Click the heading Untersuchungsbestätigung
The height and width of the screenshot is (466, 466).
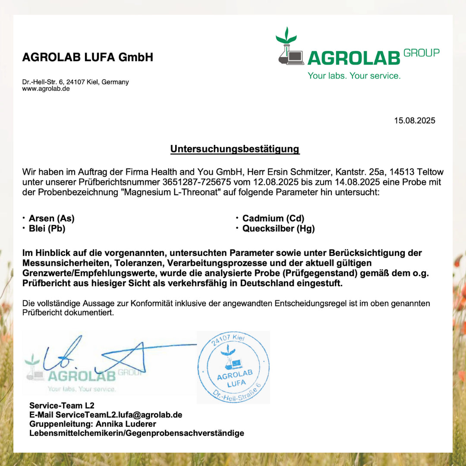coord(235,149)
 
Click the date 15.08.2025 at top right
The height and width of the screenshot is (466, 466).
coord(414,120)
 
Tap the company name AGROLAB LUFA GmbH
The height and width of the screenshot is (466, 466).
coord(88,57)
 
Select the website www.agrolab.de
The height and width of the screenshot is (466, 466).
coord(46,89)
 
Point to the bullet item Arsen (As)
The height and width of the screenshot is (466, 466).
coord(51,218)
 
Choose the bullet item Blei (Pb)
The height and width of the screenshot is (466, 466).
coord(47,229)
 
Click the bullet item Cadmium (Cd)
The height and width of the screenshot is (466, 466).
coord(273,218)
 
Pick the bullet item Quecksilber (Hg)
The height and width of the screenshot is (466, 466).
coord(278,229)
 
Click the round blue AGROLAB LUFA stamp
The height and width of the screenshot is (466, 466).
coord(233,367)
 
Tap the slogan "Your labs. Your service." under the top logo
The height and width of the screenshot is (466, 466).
coord(354,76)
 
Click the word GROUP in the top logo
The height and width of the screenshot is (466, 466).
coord(422,53)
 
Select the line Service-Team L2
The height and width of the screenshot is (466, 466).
coord(62,406)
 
